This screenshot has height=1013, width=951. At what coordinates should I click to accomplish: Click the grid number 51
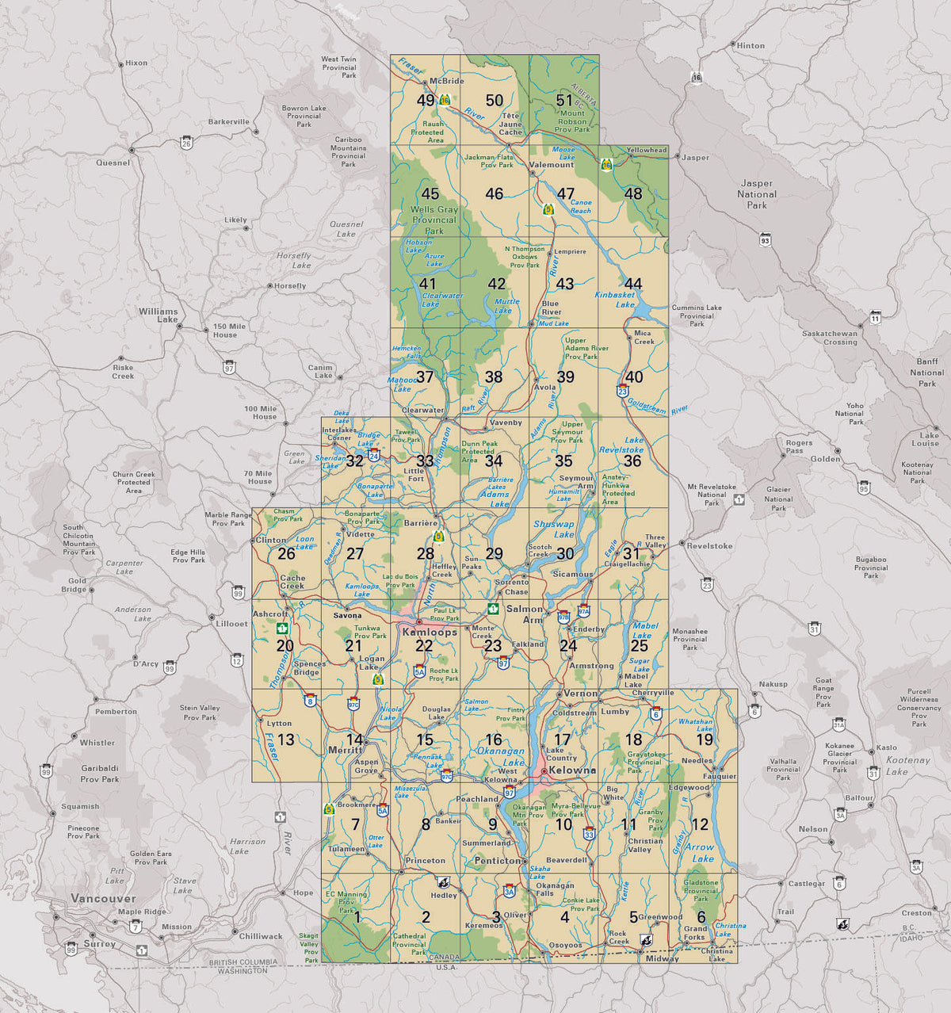[563, 101]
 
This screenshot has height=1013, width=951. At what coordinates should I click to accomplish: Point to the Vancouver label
[103, 898]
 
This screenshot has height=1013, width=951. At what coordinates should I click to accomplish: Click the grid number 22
[424, 646]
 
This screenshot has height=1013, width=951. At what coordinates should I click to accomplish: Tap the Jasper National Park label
[757, 193]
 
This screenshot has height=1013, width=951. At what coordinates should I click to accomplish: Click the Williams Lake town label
[158, 315]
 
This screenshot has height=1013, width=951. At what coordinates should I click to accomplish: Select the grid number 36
[632, 461]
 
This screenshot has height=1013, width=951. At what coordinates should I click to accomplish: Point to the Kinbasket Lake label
[615, 299]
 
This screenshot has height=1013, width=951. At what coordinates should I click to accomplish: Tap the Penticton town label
[497, 860]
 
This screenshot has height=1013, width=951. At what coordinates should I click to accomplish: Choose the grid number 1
[357, 918]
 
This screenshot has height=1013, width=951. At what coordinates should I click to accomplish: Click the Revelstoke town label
[710, 546]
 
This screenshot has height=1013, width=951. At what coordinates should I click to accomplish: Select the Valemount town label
[551, 165]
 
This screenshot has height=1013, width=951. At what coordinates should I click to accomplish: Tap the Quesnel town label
[113, 162]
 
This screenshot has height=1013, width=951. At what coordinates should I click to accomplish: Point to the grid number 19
[704, 740]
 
